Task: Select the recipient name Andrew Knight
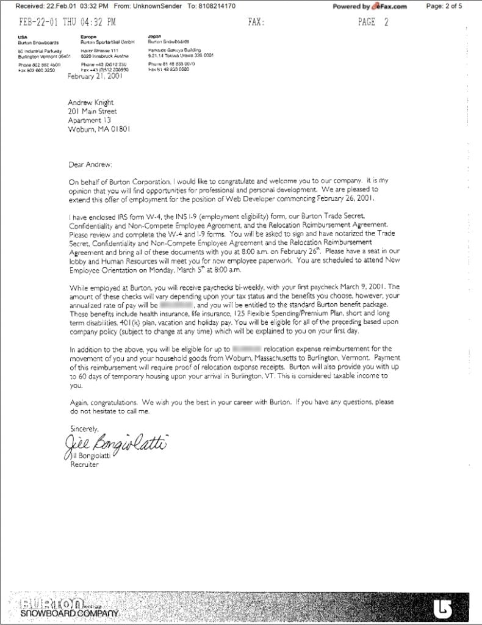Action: pos(90,103)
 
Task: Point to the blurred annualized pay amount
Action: pos(176,303)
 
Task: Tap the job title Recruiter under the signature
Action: pos(84,464)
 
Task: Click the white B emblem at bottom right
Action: pos(443,607)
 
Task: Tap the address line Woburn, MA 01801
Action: pos(99,129)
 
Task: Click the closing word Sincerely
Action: pos(84,428)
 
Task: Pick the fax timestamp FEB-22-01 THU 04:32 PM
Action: pos(68,22)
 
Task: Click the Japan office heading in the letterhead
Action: pos(154,36)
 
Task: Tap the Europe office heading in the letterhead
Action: pos(88,36)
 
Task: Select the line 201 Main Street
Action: pos(92,112)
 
